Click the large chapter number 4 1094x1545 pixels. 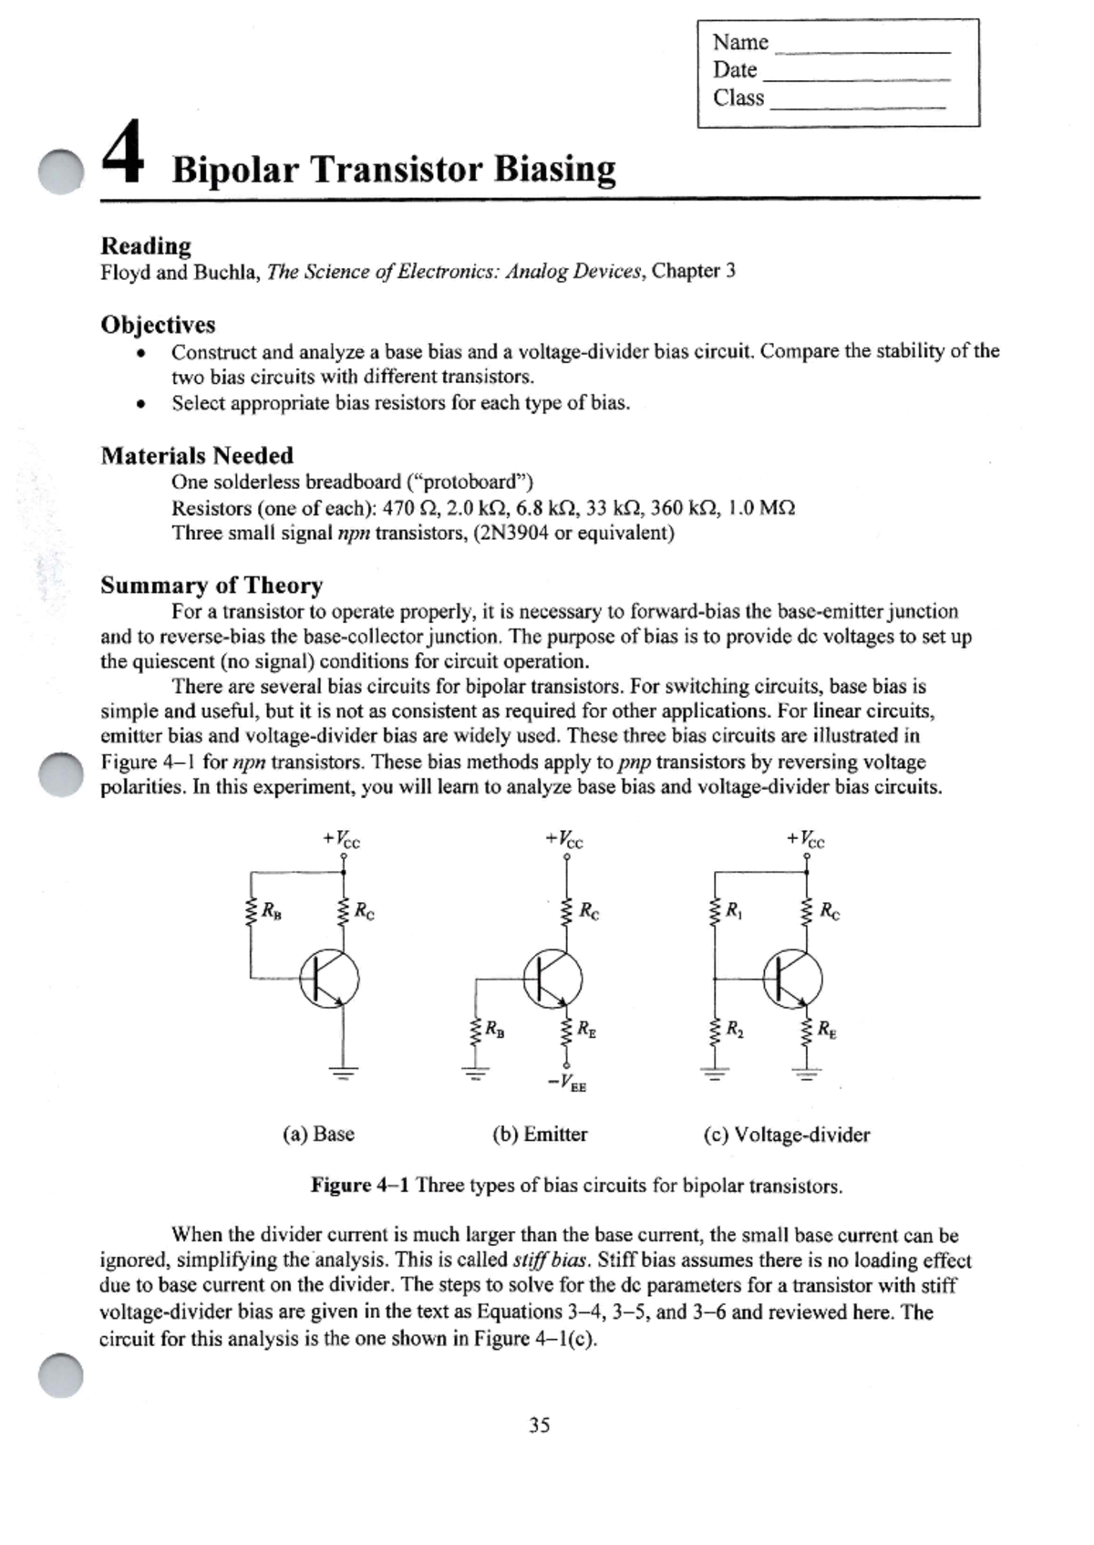pyautogui.click(x=122, y=153)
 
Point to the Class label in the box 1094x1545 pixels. pyautogui.click(x=738, y=98)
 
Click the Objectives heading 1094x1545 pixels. pyautogui.click(x=158, y=325)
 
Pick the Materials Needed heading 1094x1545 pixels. pyautogui.click(x=197, y=455)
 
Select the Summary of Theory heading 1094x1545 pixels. pyautogui.click(x=212, y=585)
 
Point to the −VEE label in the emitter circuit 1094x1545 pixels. pyautogui.click(x=567, y=1084)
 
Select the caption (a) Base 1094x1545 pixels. pyautogui.click(x=318, y=1134)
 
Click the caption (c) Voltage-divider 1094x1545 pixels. pyautogui.click(x=786, y=1135)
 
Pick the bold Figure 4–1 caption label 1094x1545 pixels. pyautogui.click(x=359, y=1185)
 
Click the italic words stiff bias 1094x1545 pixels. pyautogui.click(x=551, y=1260)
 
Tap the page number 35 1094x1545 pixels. pyautogui.click(x=539, y=1425)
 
